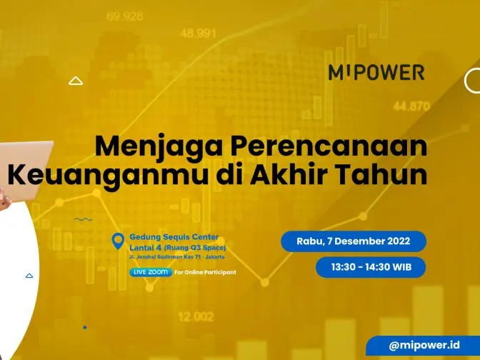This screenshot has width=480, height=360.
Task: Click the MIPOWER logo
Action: point(376,72)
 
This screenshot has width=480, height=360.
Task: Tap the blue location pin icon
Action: point(118,241)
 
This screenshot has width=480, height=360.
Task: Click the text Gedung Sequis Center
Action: point(174,237)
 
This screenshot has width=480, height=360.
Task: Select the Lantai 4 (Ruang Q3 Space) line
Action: point(178,247)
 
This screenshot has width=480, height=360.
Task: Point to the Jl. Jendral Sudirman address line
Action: point(177,257)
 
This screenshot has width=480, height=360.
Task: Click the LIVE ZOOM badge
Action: point(151,272)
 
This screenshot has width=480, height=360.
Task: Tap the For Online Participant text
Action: point(205,272)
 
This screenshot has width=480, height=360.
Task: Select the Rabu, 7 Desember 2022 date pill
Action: point(354,241)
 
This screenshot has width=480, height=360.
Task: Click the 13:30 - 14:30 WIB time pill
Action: point(371,267)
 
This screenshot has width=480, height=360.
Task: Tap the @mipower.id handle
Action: point(424,345)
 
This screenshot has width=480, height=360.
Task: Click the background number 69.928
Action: point(125,16)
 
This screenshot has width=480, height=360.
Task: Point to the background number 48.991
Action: point(198,33)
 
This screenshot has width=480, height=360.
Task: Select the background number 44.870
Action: point(411,106)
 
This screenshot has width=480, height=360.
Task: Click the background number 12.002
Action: point(196,316)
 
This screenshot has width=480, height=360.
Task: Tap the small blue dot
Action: point(85,328)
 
